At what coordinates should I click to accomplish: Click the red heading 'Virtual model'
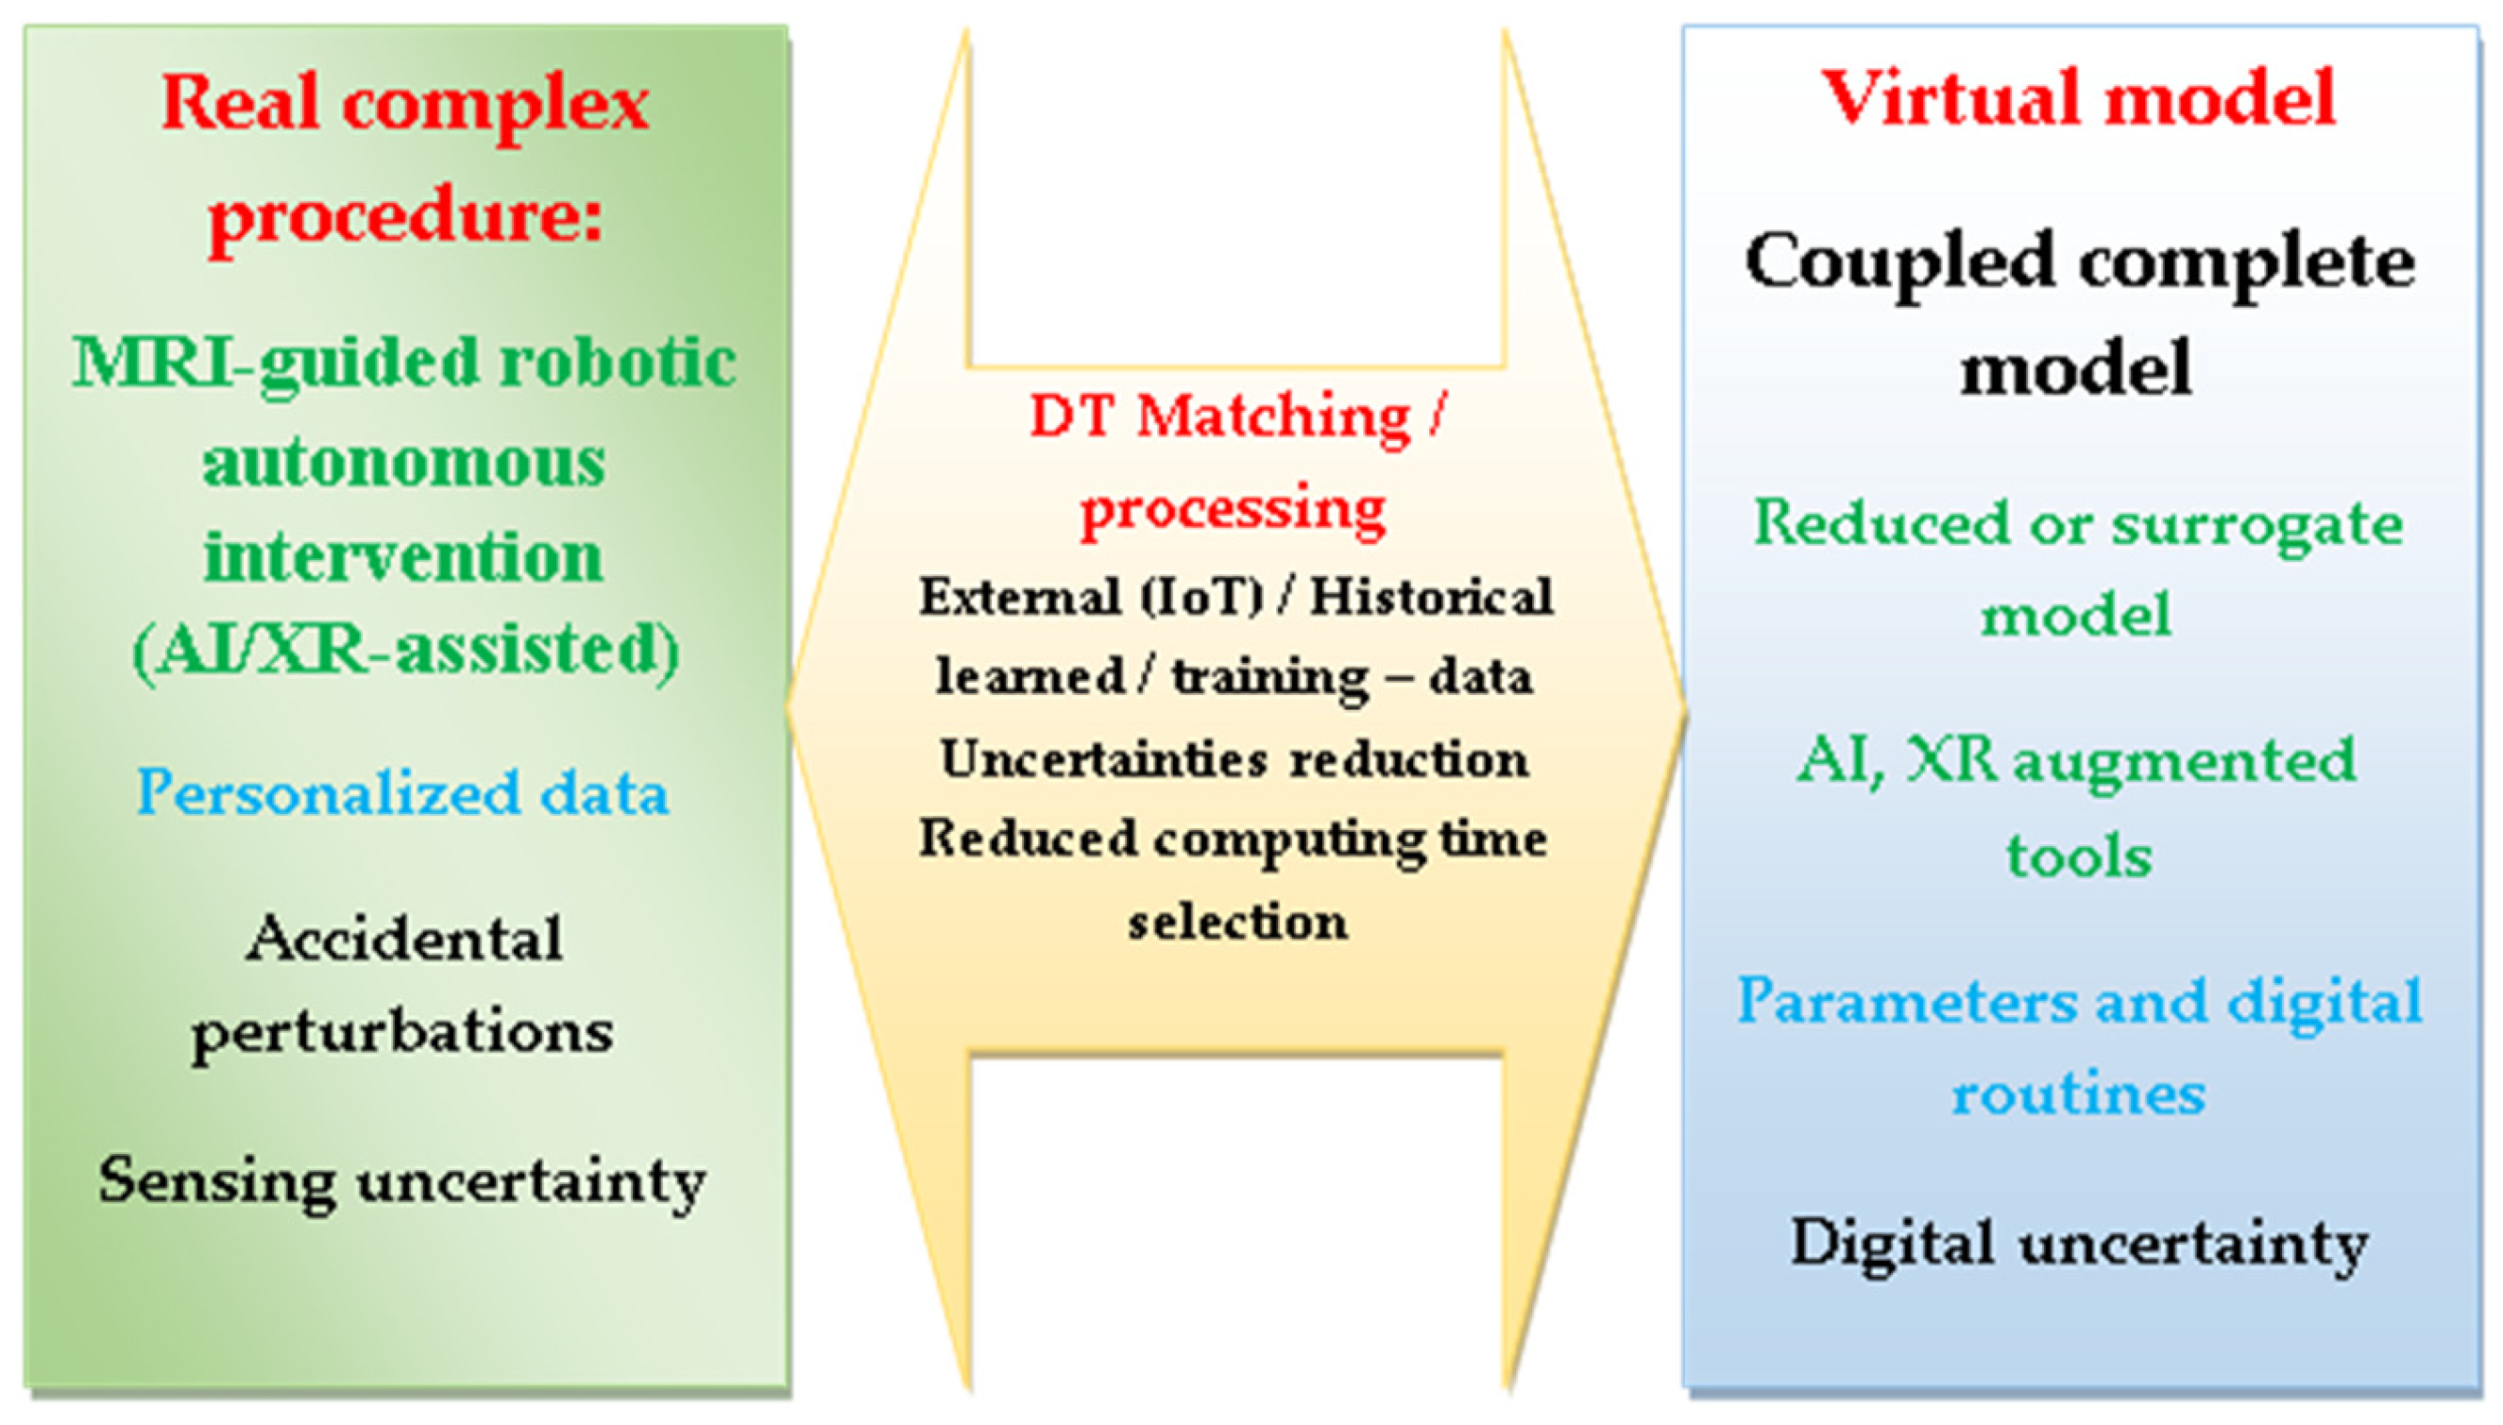[2078, 98]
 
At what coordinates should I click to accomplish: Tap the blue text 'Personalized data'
[402, 792]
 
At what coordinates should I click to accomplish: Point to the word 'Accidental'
[404, 940]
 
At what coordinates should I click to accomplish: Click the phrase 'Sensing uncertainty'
[402, 1182]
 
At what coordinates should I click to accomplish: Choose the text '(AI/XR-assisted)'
[405, 650]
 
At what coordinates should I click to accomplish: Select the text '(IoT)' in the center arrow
[1202, 597]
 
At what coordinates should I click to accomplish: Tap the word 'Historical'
[1431, 597]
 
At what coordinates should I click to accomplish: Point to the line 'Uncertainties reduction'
[1234, 759]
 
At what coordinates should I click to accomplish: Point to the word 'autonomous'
[404, 463]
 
